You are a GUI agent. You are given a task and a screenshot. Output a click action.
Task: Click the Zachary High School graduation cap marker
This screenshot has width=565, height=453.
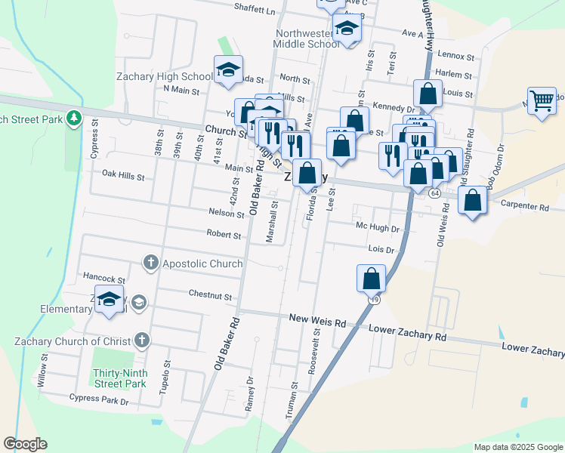click(x=228, y=70)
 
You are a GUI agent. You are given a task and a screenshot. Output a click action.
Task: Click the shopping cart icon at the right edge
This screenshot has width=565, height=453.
click(x=542, y=100)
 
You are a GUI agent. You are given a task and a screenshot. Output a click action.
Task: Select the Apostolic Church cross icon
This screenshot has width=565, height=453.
click(x=150, y=263)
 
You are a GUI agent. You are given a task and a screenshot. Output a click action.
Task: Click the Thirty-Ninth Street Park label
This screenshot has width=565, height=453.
click(x=119, y=378)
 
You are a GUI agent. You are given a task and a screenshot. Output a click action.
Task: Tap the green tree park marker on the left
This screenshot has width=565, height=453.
click(x=74, y=118)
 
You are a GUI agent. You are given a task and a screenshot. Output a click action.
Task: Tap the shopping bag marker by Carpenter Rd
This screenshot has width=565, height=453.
click(x=472, y=201)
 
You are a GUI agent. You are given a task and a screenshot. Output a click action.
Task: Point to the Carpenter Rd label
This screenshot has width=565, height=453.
click(x=529, y=206)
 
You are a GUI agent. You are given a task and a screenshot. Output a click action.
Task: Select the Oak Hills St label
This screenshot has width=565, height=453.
click(x=122, y=175)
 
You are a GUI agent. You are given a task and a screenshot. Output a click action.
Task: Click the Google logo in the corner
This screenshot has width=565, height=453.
click(x=26, y=444)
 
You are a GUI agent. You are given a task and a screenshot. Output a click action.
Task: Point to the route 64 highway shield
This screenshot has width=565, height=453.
click(x=434, y=193)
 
